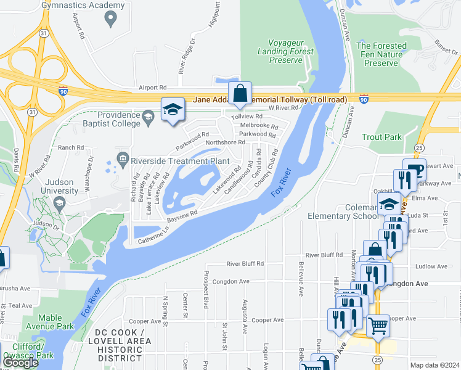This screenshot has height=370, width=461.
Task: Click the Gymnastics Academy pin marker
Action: (x=111, y=19)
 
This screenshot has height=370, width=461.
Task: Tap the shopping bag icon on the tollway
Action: (x=240, y=94)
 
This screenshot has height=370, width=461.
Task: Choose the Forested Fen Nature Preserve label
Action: (x=381, y=54)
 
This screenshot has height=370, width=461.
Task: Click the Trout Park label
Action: (x=381, y=137)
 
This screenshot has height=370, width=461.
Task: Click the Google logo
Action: (x=20, y=363)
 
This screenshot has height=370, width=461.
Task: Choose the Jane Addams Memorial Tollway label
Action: (x=270, y=99)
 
